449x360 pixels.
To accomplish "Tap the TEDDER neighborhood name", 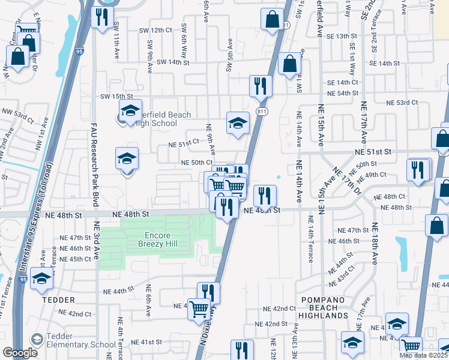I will click(x=58, y=299).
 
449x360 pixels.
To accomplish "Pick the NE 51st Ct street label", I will click(x=183, y=144).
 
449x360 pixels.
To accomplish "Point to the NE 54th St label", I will click(x=342, y=94).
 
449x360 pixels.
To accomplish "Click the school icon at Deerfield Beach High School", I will click(x=130, y=111).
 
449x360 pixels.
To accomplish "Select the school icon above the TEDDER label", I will click(x=41, y=278).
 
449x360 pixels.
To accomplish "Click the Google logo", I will click(x=19, y=352).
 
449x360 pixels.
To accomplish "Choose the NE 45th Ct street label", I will click(x=76, y=259).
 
